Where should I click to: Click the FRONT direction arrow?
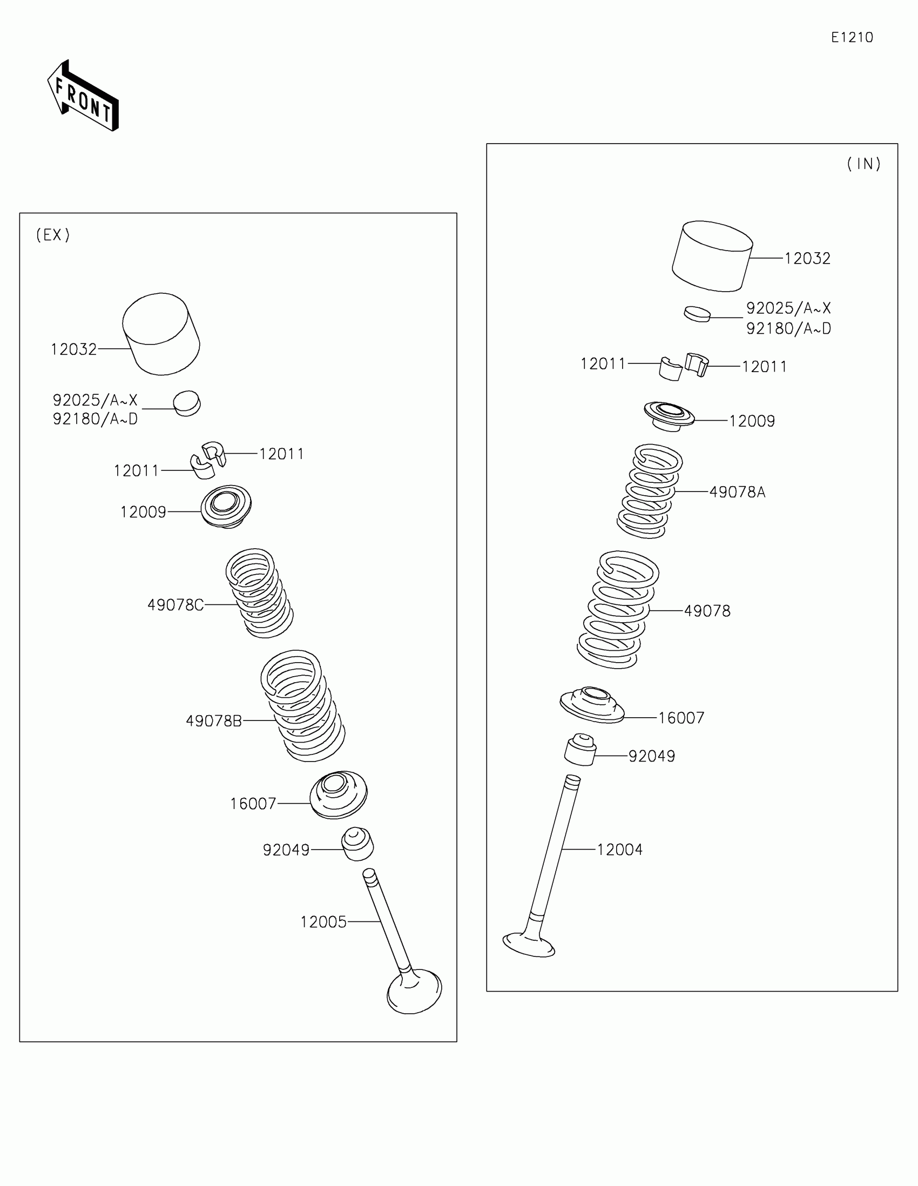coord(83,97)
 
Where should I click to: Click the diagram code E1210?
coord(851,37)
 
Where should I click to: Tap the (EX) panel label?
coord(53,235)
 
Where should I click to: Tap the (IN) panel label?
coord(863,164)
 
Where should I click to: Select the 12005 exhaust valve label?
coord(323,921)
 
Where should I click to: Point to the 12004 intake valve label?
coord(619,850)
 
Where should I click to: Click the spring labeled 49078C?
coord(260,593)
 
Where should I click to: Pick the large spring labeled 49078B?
coord(303,706)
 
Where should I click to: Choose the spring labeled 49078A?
coord(650,491)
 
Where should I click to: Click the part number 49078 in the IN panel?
coord(707,611)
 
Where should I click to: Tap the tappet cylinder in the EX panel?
coord(161,333)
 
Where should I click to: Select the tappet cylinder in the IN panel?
coord(712,256)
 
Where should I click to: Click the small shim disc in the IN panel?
coord(697,314)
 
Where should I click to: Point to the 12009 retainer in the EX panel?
coord(226,506)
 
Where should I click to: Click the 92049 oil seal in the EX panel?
coord(357,844)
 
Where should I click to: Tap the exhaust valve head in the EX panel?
coord(414,992)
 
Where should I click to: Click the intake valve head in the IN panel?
coord(528,945)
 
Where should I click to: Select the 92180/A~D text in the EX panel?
coord(95,419)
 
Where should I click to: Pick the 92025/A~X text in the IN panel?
coord(788,308)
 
